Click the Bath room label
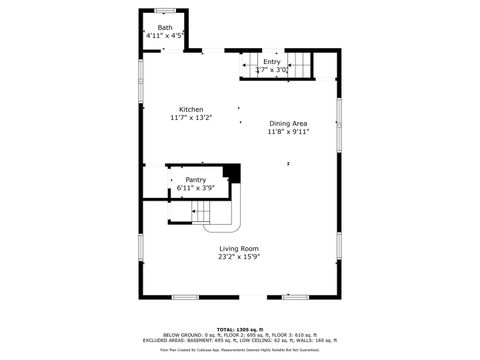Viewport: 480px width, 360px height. click(164, 27)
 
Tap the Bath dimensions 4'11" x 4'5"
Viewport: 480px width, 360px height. click(164, 36)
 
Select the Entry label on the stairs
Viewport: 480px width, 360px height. click(272, 62)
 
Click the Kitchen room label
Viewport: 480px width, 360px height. click(191, 109)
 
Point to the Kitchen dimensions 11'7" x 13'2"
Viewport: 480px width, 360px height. click(191, 118)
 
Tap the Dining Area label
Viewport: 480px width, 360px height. click(289, 123)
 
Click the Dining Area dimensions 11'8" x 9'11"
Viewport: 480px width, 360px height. click(289, 132)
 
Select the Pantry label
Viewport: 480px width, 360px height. click(195, 179)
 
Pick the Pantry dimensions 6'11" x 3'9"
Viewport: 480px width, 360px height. click(195, 188)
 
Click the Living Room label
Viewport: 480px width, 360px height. click(239, 248)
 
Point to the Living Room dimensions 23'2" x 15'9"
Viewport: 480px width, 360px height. click(239, 257)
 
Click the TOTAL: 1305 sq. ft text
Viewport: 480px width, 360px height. click(239, 328)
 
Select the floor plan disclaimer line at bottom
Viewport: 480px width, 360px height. click(239, 351)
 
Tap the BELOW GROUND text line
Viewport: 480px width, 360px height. click(239, 334)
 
